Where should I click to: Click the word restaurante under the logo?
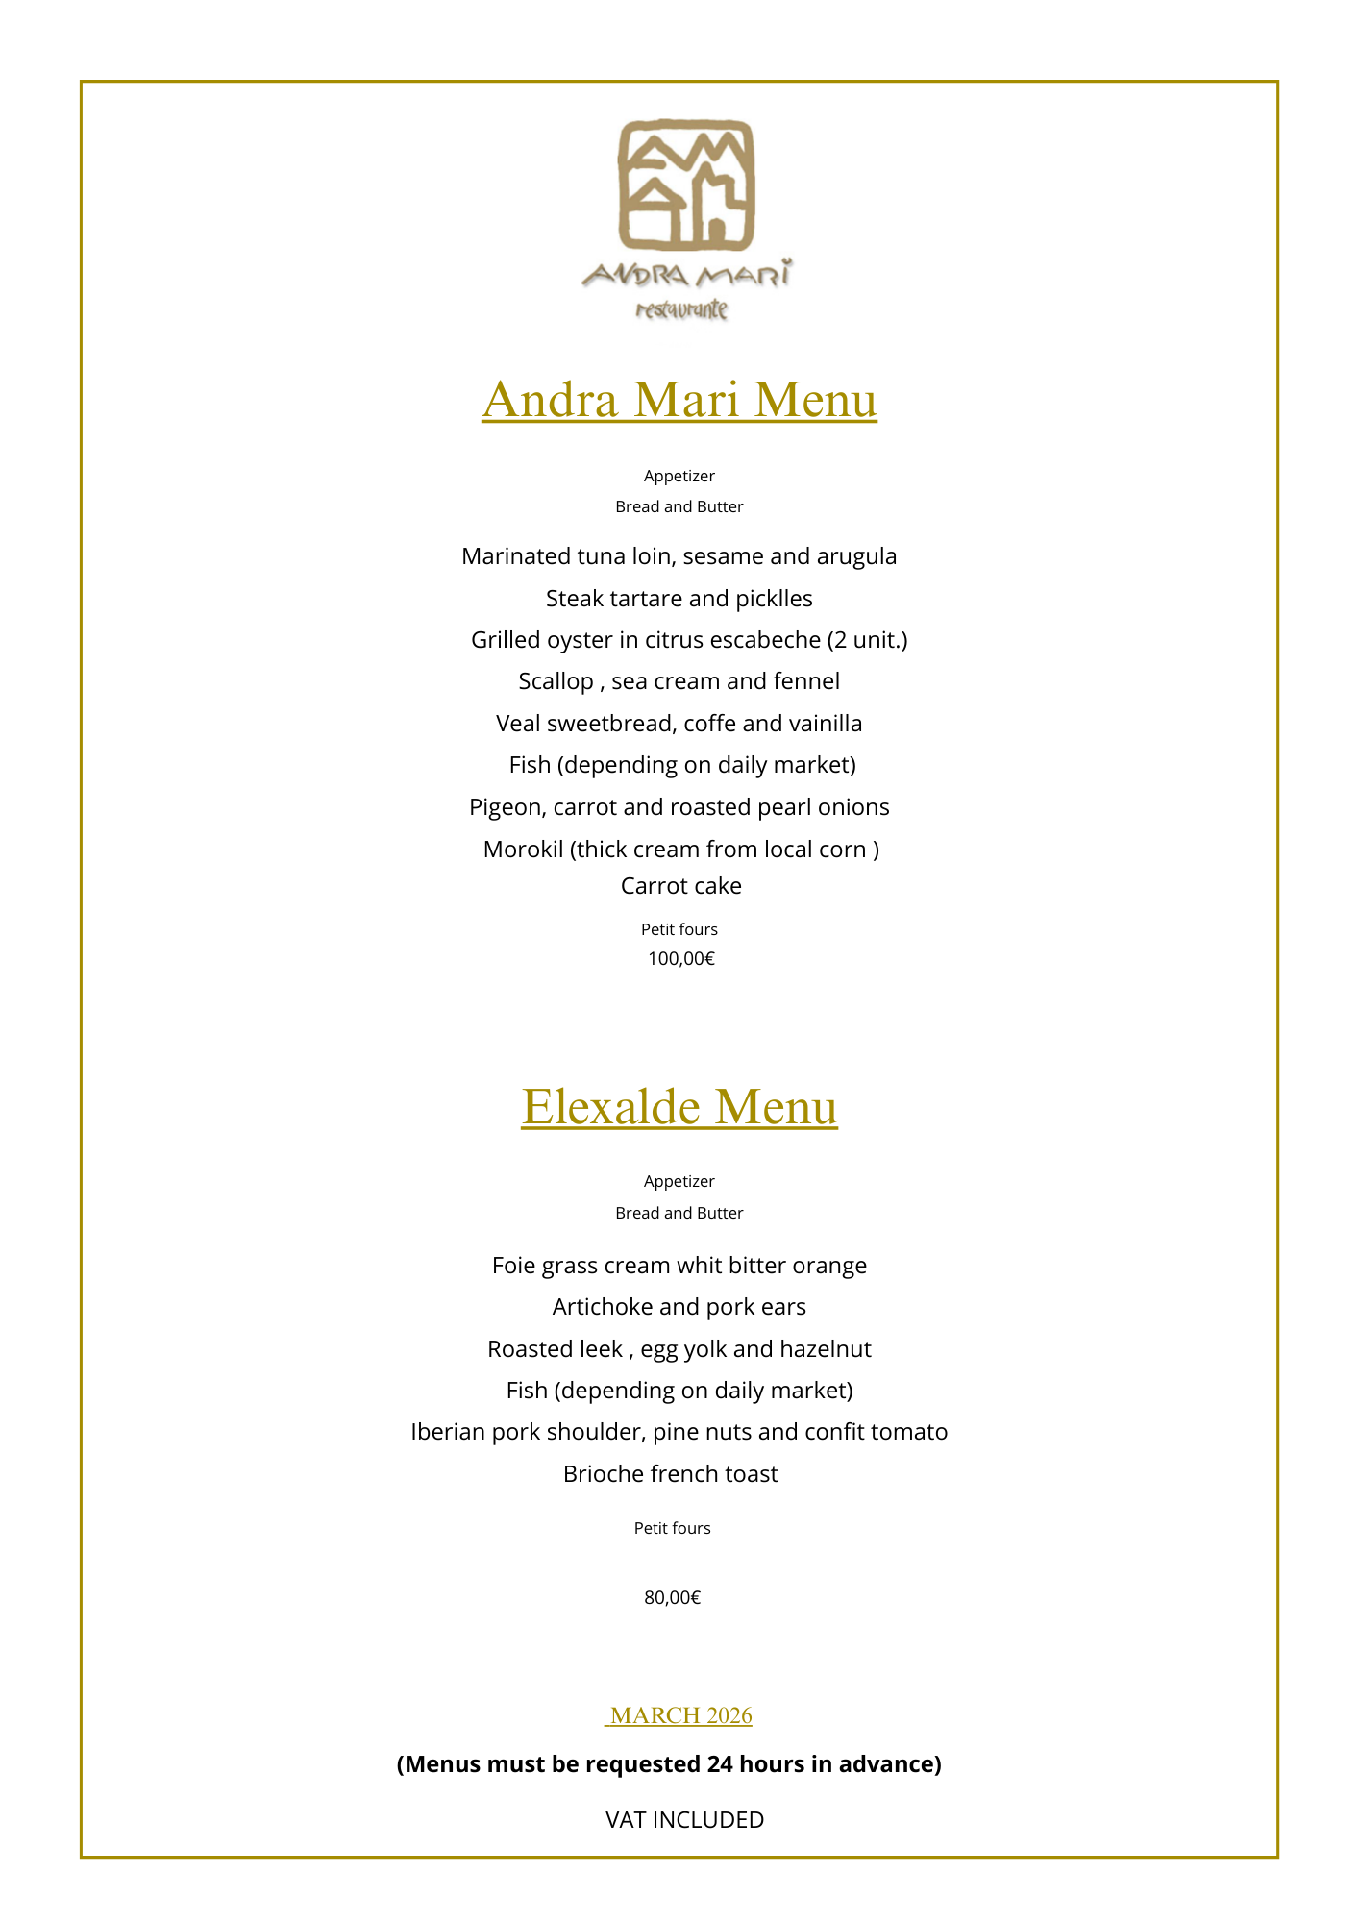coord(681,309)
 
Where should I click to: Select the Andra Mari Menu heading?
coord(679,400)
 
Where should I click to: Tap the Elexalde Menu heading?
coord(679,1106)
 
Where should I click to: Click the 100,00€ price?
coord(681,958)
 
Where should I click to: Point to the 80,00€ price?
coord(673,1597)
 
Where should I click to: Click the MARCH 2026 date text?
coord(680,1715)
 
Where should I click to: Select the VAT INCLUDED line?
coord(684,1819)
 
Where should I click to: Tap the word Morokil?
coord(523,850)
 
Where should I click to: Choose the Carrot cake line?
coord(681,886)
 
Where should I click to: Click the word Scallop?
coord(556,681)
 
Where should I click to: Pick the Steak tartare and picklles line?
coord(679,599)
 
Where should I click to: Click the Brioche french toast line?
coord(671,1474)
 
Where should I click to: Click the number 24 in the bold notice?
coord(720,1764)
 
